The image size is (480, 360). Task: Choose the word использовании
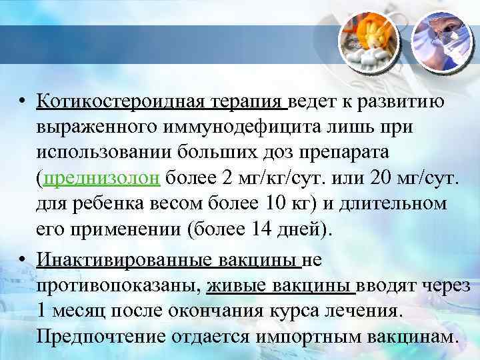[109, 152]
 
